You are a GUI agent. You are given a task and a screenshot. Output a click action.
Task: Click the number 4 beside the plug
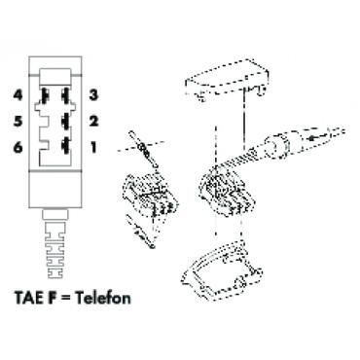(x=18, y=95)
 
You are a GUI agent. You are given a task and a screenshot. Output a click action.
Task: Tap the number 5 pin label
(x=18, y=122)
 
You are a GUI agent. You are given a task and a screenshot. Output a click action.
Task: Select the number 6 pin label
(x=18, y=147)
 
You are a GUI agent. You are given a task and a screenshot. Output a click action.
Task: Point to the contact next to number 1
(x=64, y=147)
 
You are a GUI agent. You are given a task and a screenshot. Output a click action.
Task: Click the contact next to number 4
(x=46, y=95)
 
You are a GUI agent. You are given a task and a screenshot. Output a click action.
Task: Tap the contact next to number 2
(x=64, y=122)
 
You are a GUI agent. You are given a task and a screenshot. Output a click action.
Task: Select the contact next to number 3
(x=64, y=95)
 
